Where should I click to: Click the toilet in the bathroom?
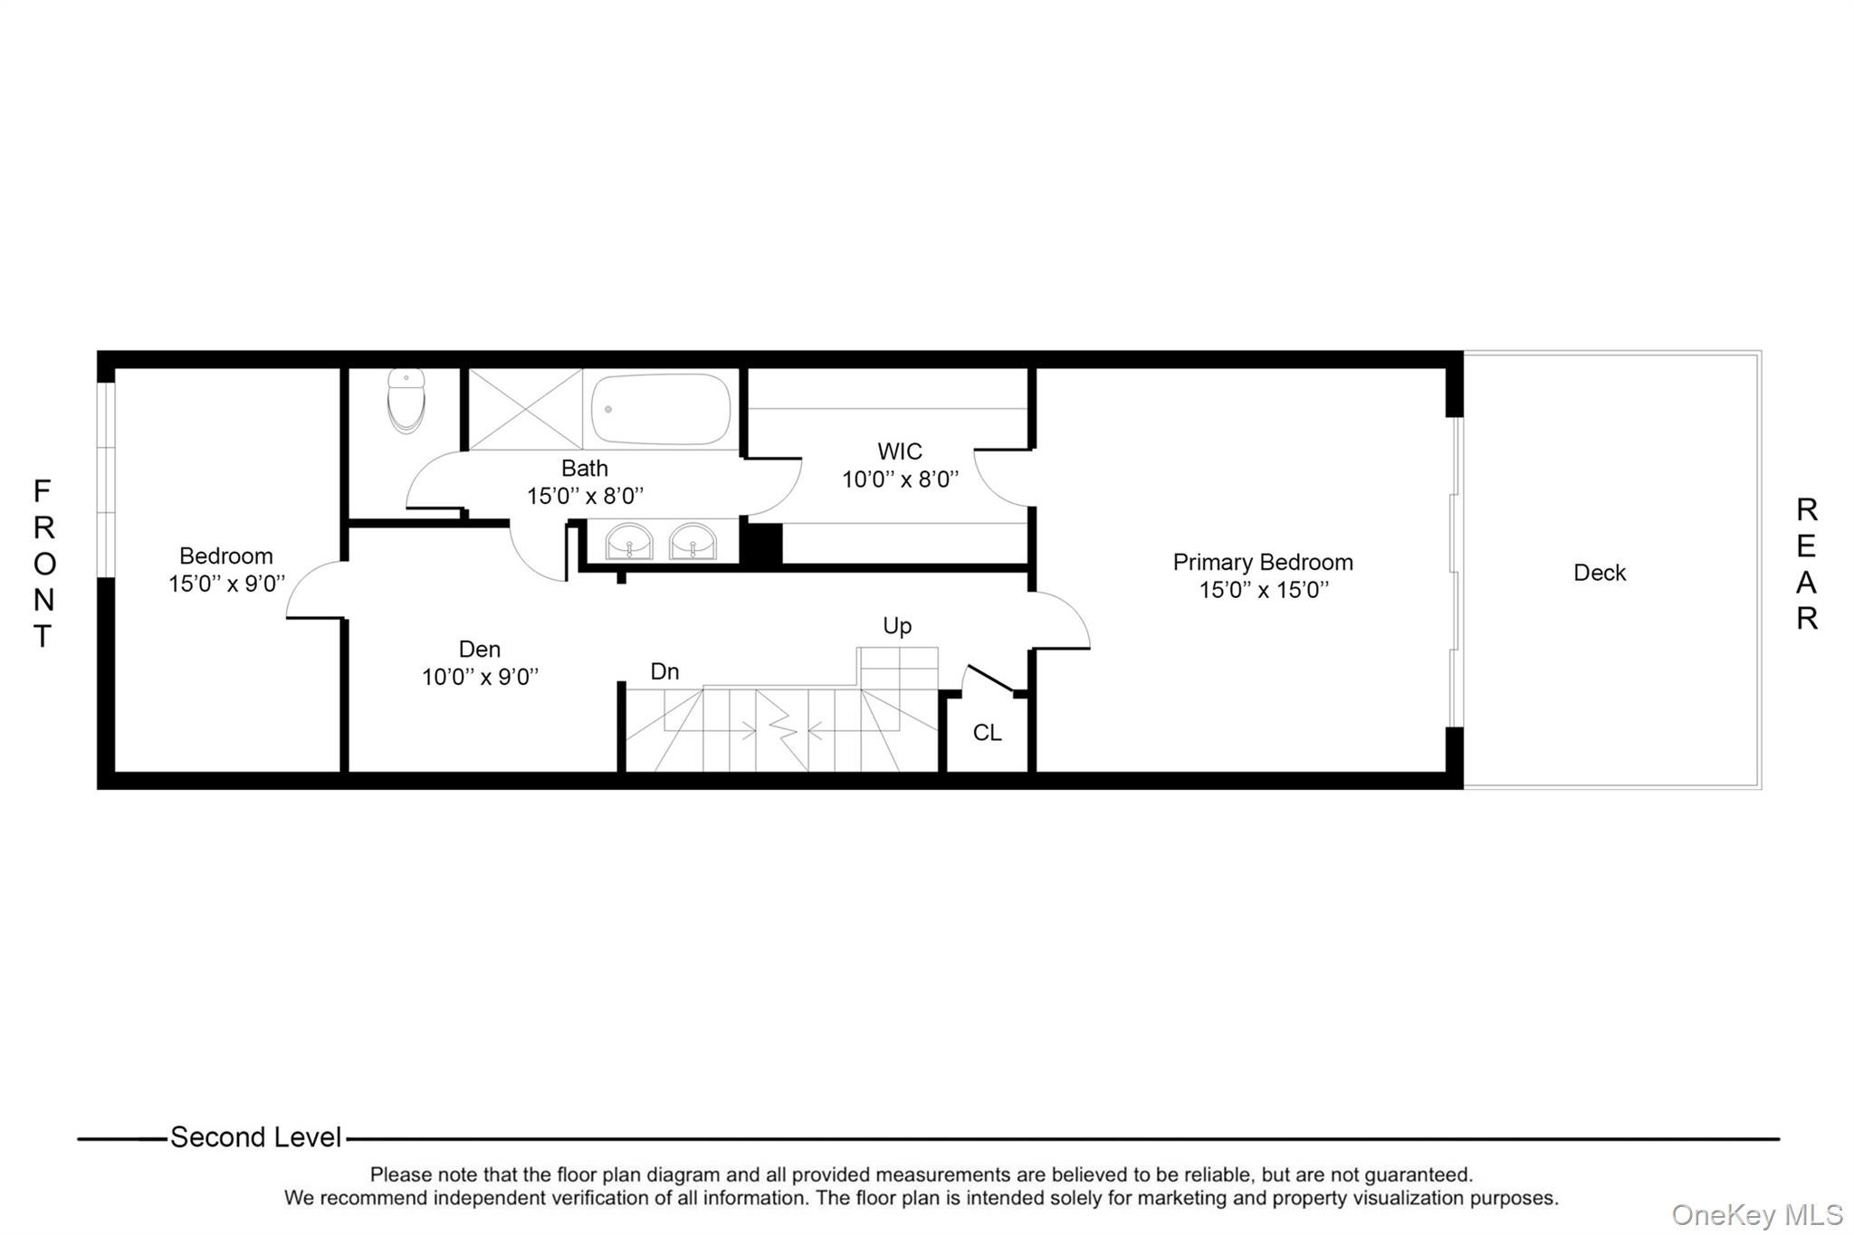point(406,401)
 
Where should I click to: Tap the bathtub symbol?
point(661,409)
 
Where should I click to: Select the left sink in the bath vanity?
point(629,542)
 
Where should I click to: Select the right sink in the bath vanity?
point(693,542)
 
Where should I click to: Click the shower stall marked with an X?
point(525,409)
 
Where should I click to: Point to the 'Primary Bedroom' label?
point(1263,562)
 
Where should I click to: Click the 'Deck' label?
point(1600,573)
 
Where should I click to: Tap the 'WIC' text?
point(900,451)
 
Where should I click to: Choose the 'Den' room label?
point(480,649)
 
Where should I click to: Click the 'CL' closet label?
point(987,732)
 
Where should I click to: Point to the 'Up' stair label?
point(897,626)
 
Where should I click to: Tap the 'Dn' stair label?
point(664,671)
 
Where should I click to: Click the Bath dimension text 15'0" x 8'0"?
point(585,496)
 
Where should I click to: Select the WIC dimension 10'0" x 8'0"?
point(900,480)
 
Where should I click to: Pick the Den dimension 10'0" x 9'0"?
point(480,677)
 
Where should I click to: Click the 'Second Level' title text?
point(256,1137)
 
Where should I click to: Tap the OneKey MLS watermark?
point(1757,1214)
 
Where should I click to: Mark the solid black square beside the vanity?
point(761,544)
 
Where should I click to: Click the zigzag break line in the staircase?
point(781,728)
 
